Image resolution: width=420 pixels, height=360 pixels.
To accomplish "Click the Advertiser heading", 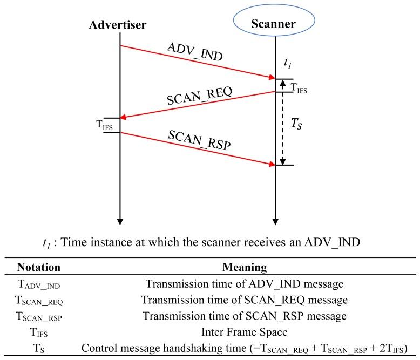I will coord(117,25).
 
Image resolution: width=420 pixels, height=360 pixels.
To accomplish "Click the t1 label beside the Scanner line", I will coord(287,63).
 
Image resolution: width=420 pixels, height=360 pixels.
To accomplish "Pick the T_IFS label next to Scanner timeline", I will coord(299,89).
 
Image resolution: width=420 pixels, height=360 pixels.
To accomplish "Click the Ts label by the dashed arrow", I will coord(296,123).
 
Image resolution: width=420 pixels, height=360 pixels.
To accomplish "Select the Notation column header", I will coord(39,267).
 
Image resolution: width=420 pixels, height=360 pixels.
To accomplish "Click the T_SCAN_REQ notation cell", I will coord(39,300).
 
